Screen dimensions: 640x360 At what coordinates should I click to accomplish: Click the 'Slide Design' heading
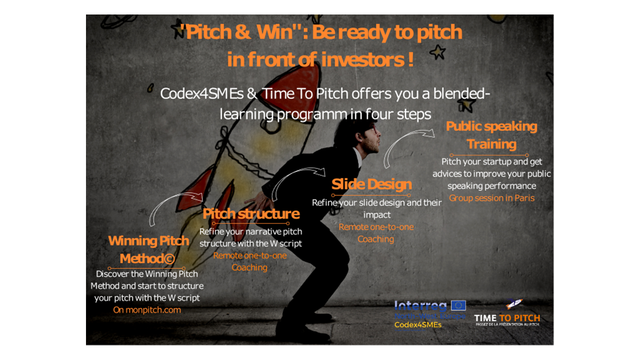pyautogui.click(x=371, y=184)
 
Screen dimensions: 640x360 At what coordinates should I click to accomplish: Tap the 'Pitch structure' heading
pyautogui.click(x=251, y=213)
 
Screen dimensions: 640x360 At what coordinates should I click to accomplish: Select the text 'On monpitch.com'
pyautogui.click(x=147, y=310)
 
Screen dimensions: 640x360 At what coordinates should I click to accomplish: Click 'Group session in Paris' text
pyautogui.click(x=491, y=198)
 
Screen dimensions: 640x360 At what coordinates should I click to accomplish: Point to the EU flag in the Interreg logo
pyautogui.click(x=458, y=305)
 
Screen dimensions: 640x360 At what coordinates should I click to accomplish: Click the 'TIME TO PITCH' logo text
pyautogui.click(x=507, y=318)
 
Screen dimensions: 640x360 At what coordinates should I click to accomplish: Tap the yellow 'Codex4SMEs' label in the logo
pyautogui.click(x=417, y=325)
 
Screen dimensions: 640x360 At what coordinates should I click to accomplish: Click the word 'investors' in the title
pyautogui.click(x=362, y=59)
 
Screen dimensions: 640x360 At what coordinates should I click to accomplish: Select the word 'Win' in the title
pyautogui.click(x=275, y=31)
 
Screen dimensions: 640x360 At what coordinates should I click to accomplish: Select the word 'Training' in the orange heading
pyautogui.click(x=491, y=144)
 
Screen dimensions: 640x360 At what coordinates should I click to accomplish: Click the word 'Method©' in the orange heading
pyautogui.click(x=147, y=259)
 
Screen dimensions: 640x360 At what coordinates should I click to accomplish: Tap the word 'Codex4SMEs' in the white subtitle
pyautogui.click(x=201, y=93)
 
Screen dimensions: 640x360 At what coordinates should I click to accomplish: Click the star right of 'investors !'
pyautogui.click(x=437, y=52)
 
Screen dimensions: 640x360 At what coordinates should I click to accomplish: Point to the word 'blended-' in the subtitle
pyautogui.click(x=461, y=93)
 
